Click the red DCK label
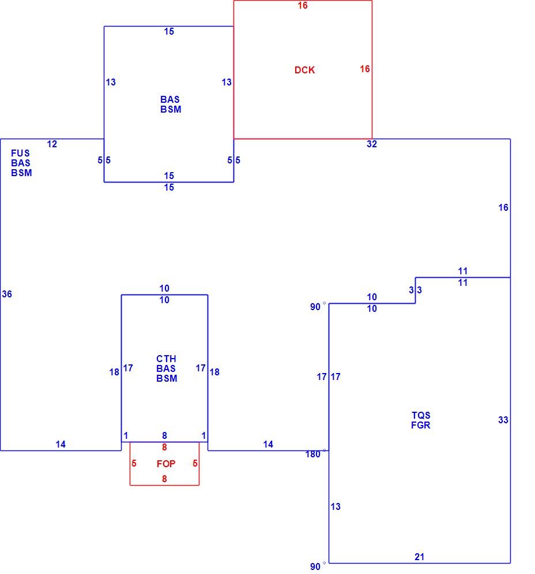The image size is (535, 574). (x=304, y=70)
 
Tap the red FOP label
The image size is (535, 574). (x=166, y=464)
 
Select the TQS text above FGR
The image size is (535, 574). (x=421, y=415)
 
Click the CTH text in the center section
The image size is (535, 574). (x=166, y=359)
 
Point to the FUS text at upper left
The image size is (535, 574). (x=20, y=153)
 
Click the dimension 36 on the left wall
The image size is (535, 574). (x=7, y=294)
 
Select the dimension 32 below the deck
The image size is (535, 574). (x=372, y=144)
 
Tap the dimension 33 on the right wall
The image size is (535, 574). (x=503, y=420)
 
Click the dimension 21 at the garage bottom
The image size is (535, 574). (x=420, y=557)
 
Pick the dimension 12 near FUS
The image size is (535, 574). (x=52, y=144)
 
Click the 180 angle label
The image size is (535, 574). (x=313, y=454)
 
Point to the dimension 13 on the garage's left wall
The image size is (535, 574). (x=336, y=506)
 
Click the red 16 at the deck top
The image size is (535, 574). (x=303, y=5)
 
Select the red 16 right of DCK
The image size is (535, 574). (x=365, y=69)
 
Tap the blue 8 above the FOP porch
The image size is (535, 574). (x=164, y=435)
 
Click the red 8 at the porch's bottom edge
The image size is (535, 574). (x=164, y=479)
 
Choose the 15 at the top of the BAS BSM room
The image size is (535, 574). (x=169, y=32)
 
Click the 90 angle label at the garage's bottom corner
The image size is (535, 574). (x=315, y=566)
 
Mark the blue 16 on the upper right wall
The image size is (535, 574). (x=503, y=207)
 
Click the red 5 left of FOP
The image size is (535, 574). (x=134, y=464)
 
